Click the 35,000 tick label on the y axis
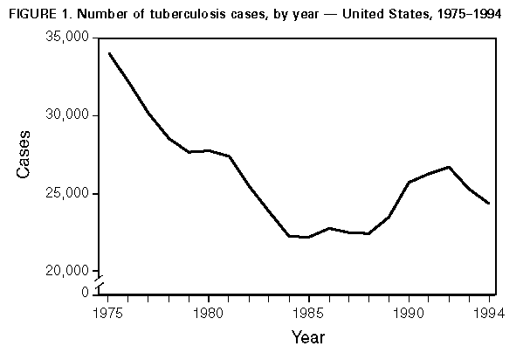tap(67, 38)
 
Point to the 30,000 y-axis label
tap(67, 115)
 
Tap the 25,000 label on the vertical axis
tap(67, 193)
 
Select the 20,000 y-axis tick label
tap(67, 271)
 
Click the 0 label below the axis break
tap(84, 292)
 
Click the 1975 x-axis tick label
tap(108, 310)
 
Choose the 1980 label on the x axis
tap(208, 310)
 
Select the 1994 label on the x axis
tap(486, 310)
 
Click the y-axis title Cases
tap(25, 155)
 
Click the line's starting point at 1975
tap(109, 53)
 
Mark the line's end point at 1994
tap(488, 203)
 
